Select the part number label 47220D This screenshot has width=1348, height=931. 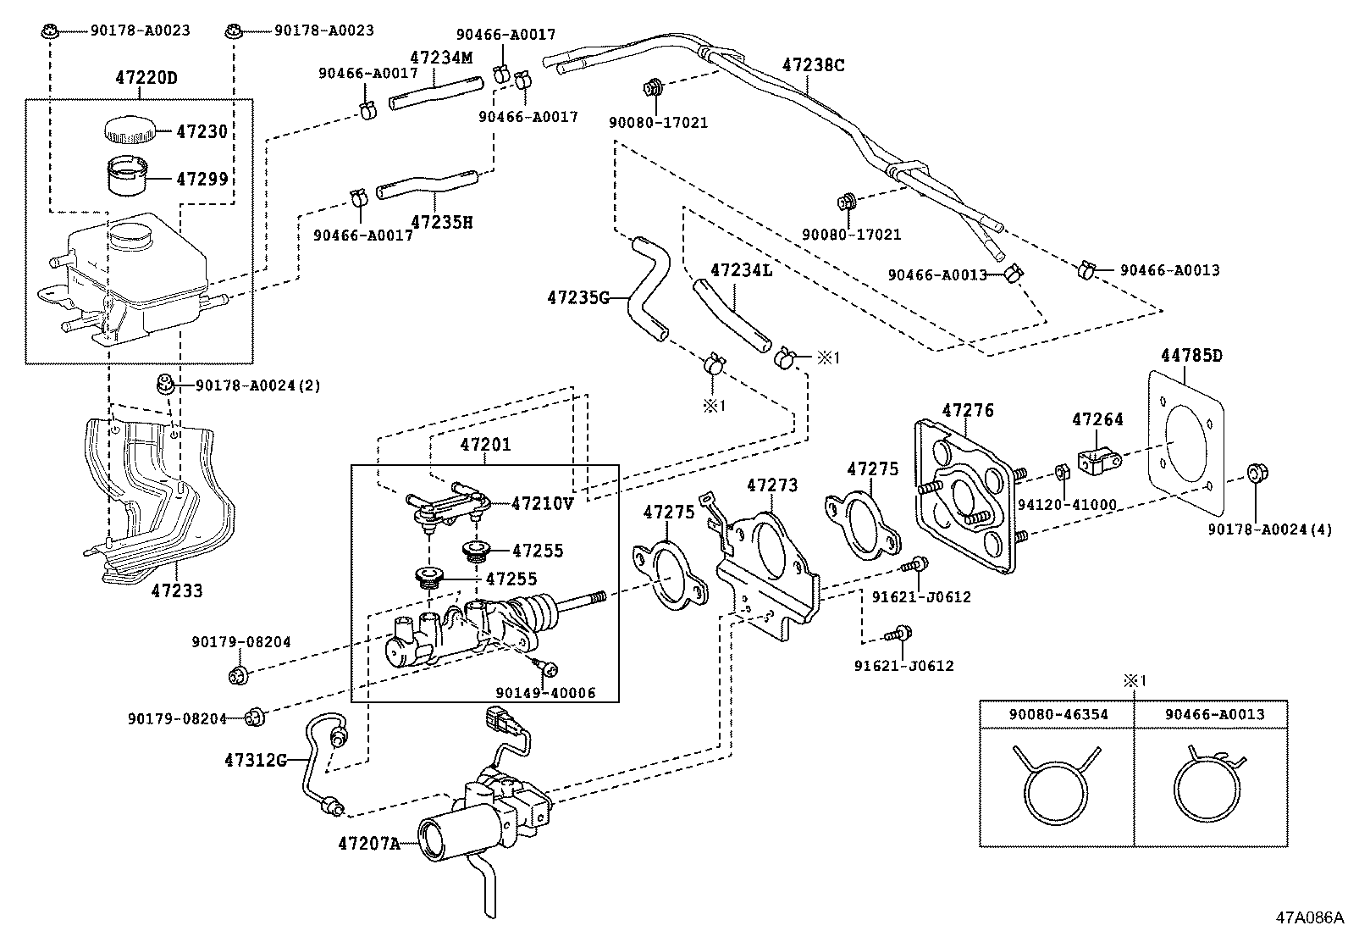[x=146, y=79]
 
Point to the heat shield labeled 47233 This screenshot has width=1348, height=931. [x=157, y=500]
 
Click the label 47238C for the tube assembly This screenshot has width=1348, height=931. [x=813, y=65]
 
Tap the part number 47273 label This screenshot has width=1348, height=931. [x=771, y=485]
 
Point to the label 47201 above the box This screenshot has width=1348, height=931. [x=485, y=445]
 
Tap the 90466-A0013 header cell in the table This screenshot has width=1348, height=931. [x=1213, y=714]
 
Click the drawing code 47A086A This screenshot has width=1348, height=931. [x=1310, y=917]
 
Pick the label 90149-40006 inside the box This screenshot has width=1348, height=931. [x=545, y=693]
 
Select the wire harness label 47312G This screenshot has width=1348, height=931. [x=256, y=760]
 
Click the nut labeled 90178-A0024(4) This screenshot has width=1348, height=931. [x=1256, y=472]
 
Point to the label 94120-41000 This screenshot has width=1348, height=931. [x=1067, y=505]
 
